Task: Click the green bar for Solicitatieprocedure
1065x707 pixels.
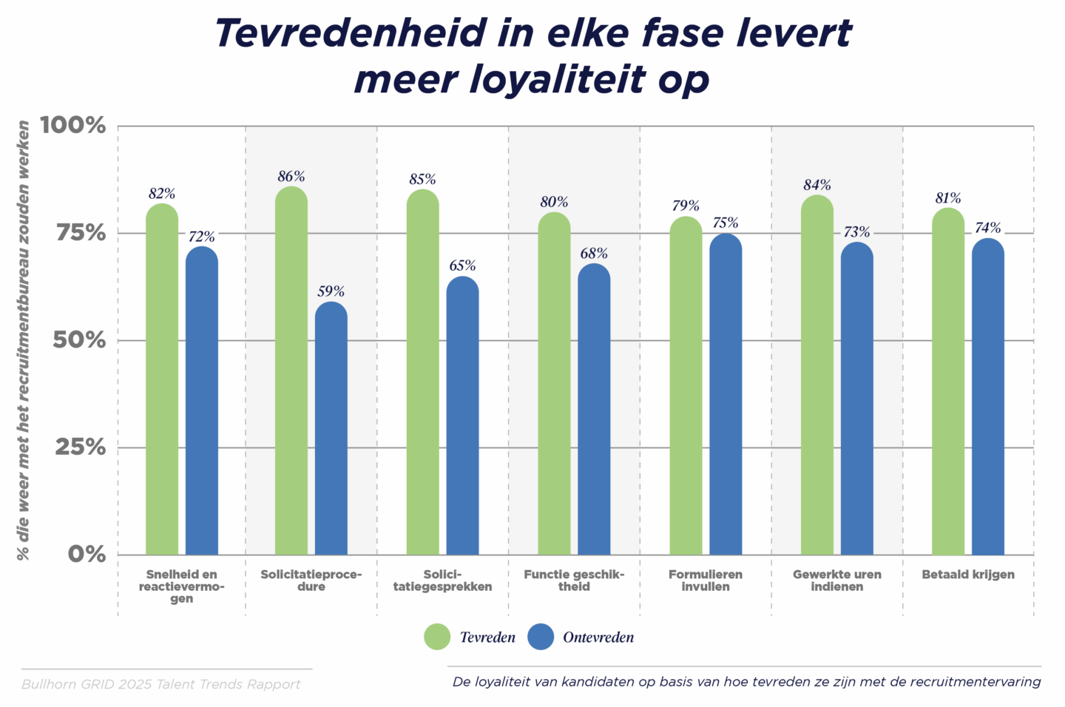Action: tap(291, 370)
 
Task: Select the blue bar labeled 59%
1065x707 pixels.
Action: tap(331, 429)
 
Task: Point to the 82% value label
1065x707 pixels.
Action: tap(162, 194)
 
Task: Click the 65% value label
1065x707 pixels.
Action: tap(462, 265)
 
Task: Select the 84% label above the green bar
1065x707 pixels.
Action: tap(817, 185)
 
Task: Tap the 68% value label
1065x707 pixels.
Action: tap(594, 254)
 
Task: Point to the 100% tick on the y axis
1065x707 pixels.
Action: tap(73, 125)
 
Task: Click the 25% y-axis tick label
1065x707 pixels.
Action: tap(80, 447)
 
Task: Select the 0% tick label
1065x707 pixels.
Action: tap(87, 554)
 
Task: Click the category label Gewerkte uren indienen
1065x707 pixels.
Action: tap(836, 581)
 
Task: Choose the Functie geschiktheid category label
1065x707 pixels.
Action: tap(574, 581)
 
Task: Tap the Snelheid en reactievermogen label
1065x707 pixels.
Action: tap(181, 586)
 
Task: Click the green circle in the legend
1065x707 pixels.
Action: tap(437, 637)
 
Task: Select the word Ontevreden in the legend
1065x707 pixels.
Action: tap(598, 637)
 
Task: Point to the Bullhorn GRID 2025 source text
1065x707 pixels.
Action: tap(161, 684)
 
